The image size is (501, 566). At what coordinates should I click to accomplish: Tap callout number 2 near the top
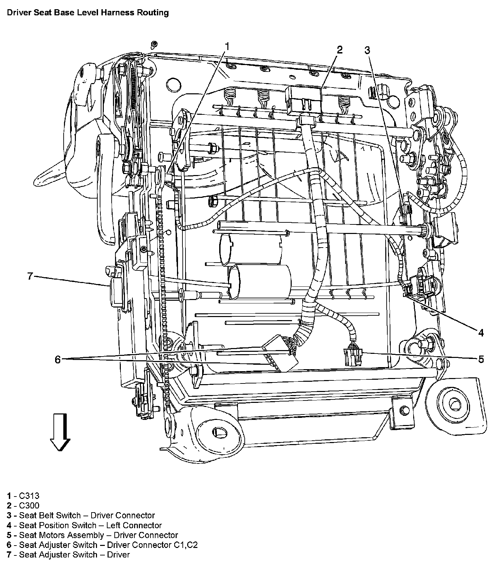point(339,50)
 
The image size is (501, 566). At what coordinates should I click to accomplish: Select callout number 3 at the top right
point(367,50)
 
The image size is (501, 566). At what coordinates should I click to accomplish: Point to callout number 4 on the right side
point(481,332)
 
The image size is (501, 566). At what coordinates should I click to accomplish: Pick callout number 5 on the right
point(481,359)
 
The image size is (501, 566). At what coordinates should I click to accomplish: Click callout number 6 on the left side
point(58,360)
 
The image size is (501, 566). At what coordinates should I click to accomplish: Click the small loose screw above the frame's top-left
point(154,44)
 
